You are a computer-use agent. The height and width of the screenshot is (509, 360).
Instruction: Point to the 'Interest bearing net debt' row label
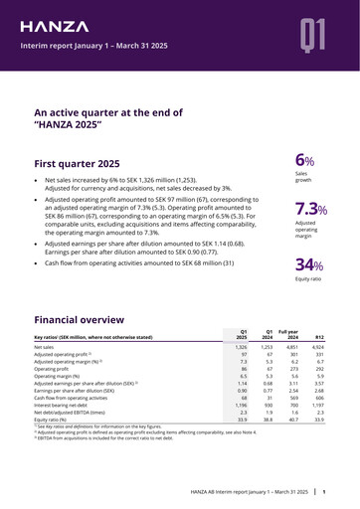pos(71,430)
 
